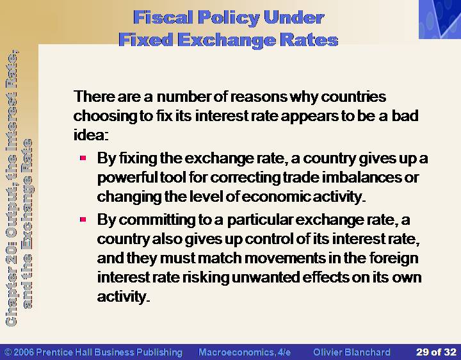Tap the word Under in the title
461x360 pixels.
tap(294, 18)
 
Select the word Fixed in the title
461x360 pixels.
tap(145, 40)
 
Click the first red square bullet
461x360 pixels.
tap(83, 158)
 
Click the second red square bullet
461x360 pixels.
tap(83, 220)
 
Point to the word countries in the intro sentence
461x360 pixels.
tap(353, 97)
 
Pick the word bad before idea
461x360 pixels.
tap(405, 115)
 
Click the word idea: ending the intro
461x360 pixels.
tap(91, 135)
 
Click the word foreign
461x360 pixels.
tap(394, 259)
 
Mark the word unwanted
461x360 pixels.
tap(266, 277)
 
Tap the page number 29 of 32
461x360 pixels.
tap(436, 352)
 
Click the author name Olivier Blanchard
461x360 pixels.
tap(352, 352)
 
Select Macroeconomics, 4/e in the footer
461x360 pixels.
tap(245, 352)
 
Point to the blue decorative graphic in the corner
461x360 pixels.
tap(440, 19)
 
